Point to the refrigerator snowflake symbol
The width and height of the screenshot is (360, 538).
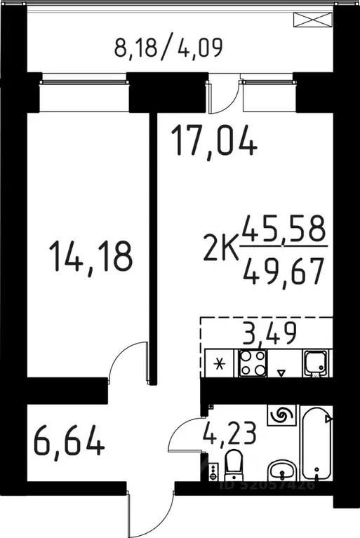point(220,364)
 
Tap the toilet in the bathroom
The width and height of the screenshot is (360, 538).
point(234,465)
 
